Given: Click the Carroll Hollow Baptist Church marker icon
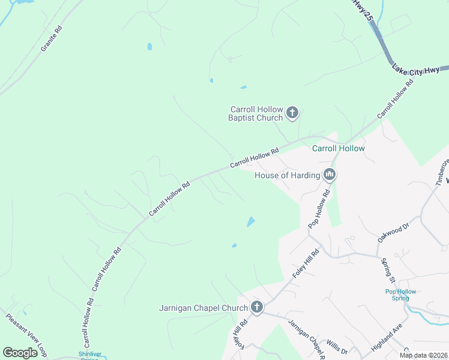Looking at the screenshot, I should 292,112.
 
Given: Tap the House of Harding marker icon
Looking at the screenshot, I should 329,175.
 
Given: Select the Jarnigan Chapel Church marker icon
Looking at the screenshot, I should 256,308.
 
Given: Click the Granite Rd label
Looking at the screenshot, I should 52,38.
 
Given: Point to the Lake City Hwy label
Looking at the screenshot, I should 416,70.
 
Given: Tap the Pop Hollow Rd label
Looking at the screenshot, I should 319,209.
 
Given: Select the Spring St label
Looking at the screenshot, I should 388,271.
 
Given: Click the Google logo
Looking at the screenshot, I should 20,353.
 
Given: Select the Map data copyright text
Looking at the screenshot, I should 423,355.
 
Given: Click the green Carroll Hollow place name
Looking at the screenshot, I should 338,148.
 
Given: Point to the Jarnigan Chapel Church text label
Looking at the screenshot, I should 203,308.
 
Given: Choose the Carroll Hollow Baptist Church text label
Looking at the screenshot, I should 256,113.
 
